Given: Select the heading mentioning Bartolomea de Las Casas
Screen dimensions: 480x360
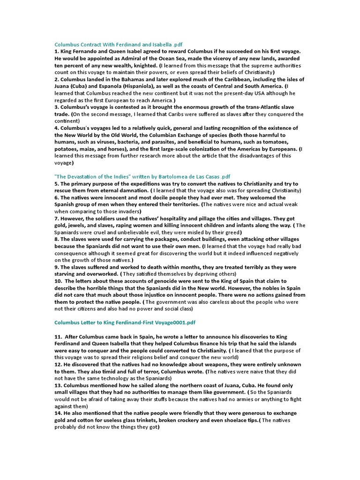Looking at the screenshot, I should coord(142,176).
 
